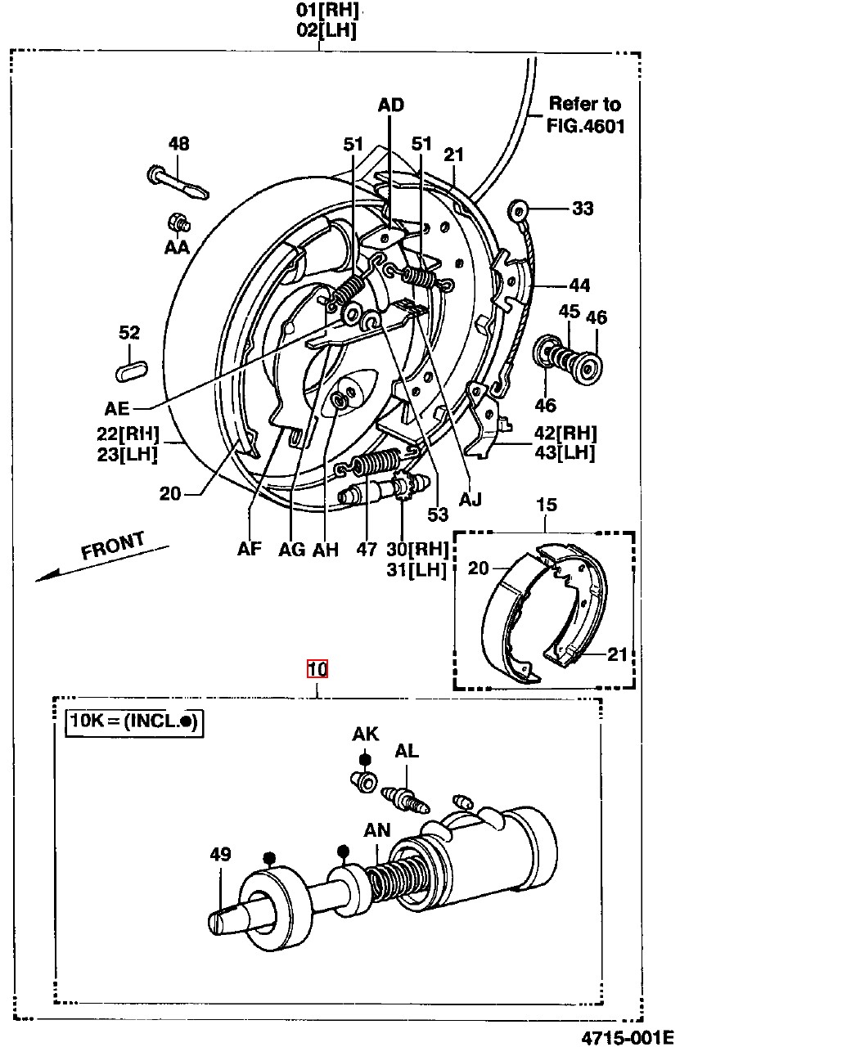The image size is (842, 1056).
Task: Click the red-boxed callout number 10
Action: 317,669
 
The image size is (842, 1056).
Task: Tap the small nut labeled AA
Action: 176,222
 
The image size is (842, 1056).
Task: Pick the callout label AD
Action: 391,105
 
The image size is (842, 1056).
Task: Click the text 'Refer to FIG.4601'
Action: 585,115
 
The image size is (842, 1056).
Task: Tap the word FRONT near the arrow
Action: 113,546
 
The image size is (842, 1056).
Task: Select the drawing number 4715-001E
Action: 628,1038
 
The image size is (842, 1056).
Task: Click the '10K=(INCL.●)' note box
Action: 134,721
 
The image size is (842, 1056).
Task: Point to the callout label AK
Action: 365,734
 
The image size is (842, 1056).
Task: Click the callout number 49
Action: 220,854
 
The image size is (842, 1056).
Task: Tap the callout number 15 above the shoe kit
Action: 547,505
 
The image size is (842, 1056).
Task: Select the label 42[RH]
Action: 565,433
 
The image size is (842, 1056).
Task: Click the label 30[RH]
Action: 417,549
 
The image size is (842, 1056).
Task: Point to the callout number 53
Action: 438,514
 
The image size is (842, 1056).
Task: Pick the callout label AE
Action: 117,408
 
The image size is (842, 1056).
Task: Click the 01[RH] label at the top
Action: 327,11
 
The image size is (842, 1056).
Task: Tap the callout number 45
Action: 570,312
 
